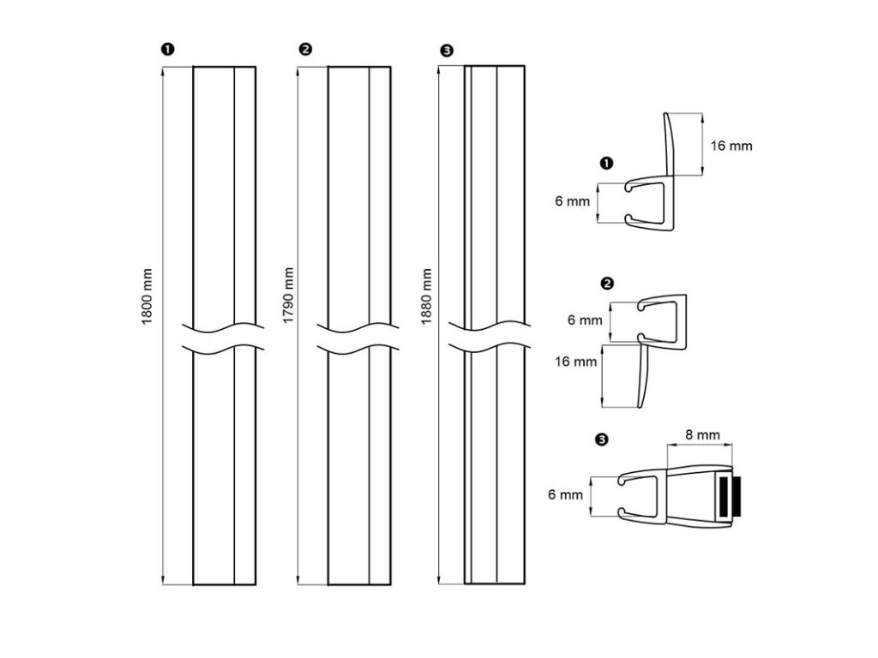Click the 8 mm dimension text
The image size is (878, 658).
pos(702,435)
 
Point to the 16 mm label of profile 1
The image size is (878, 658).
pos(731,146)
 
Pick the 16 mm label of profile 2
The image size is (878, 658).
pos(575,362)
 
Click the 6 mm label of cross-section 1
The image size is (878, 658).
pos(572,202)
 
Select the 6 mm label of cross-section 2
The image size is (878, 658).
pos(585,320)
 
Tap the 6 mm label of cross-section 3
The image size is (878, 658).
pos(565,494)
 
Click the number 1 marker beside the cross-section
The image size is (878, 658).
pos(607,162)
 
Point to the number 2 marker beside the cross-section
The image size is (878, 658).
pos(607,284)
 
